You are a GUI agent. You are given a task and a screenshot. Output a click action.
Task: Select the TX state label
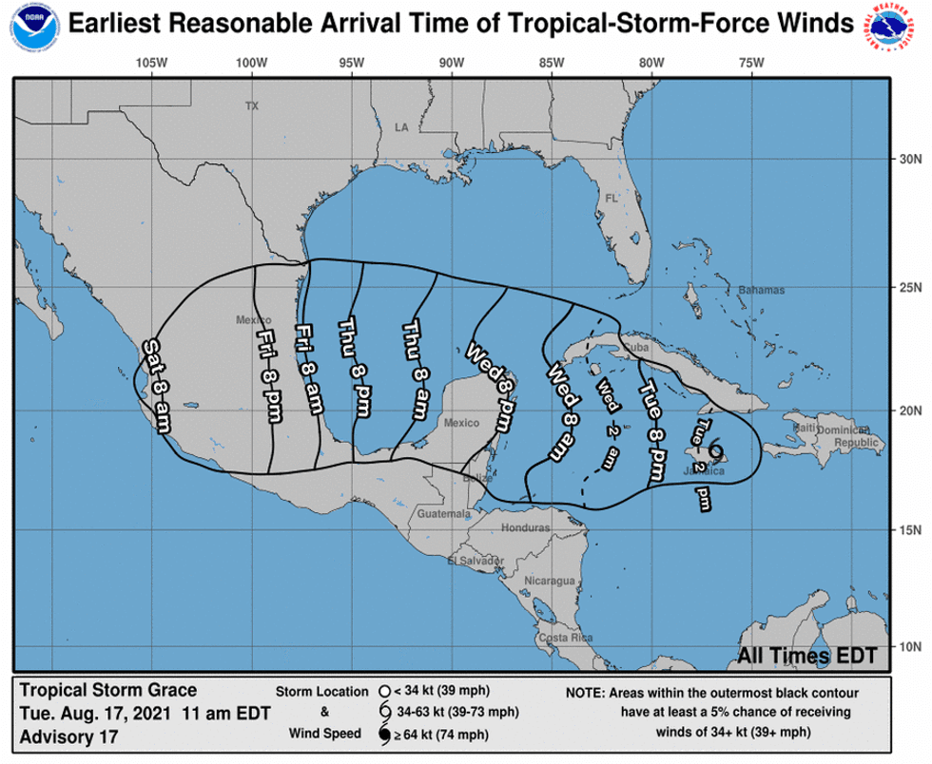[x=251, y=106]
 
